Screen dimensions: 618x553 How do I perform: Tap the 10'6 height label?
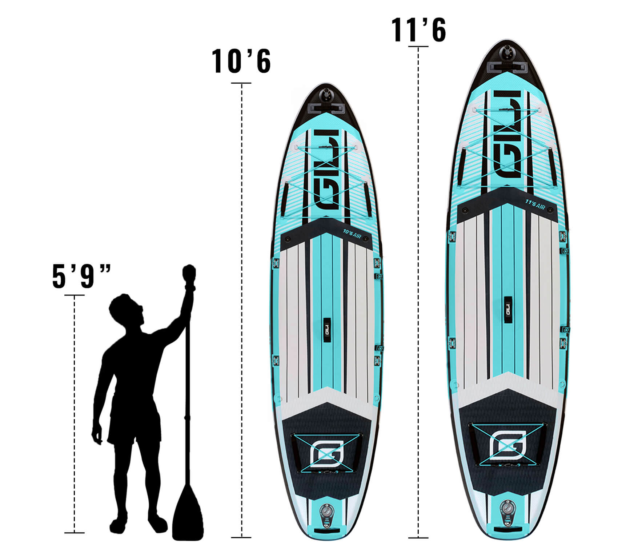241,61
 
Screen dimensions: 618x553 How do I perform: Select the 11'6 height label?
418,30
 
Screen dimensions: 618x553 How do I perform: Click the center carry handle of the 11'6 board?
507,306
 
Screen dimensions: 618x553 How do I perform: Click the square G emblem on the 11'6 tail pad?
508,445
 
